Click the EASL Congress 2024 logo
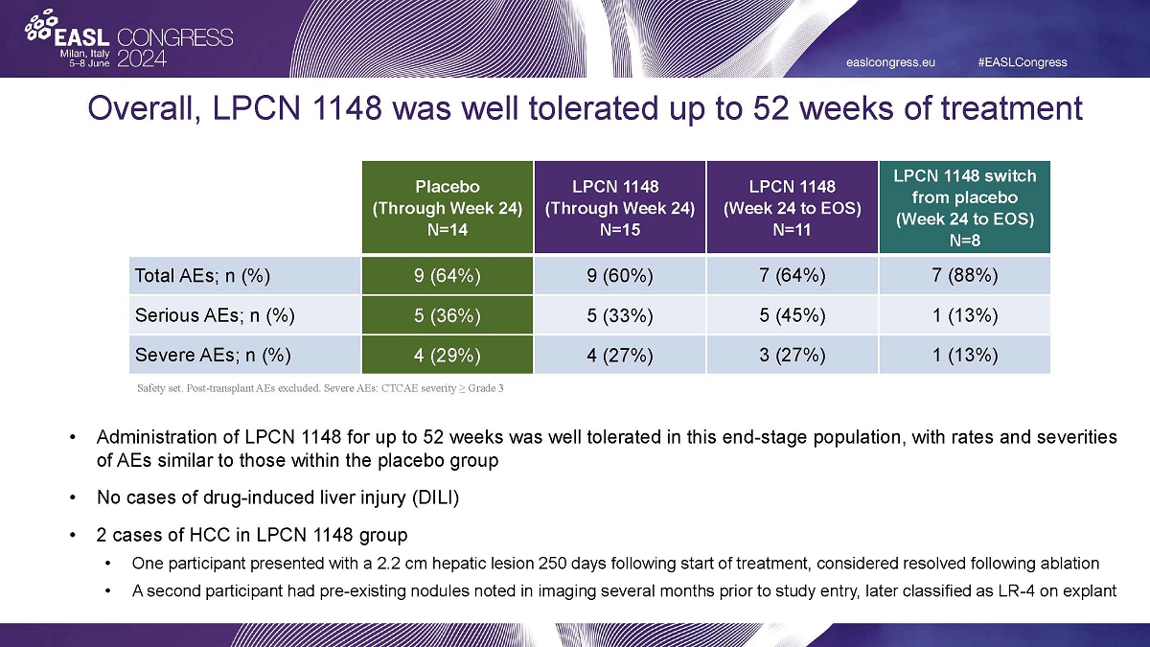(x=128, y=40)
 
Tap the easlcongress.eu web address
(x=890, y=62)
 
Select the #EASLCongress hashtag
(x=1022, y=62)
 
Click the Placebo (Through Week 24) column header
(x=447, y=206)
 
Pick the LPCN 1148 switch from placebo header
(x=964, y=206)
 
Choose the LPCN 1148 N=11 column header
(x=792, y=206)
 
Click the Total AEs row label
(x=201, y=276)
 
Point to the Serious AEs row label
(x=214, y=315)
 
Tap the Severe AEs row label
(x=211, y=355)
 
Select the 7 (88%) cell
(x=964, y=276)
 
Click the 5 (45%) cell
(x=792, y=315)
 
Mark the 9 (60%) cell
(x=619, y=276)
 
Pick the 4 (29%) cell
(x=447, y=355)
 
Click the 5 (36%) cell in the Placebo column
(x=447, y=315)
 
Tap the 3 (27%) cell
(x=792, y=355)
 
